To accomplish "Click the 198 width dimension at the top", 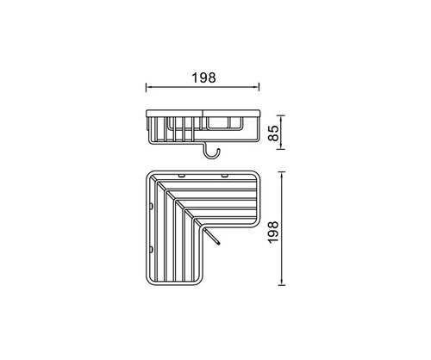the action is click(x=203, y=78).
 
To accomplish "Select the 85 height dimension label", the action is click(x=273, y=133).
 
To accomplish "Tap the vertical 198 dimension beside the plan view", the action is click(x=273, y=232).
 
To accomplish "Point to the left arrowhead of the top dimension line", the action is click(x=148, y=87).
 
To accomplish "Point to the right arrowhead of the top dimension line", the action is click(x=257, y=87).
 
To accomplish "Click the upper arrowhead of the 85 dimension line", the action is click(x=282, y=118).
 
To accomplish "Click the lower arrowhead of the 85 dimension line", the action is click(x=282, y=146).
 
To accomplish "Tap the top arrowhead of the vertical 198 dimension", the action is click(x=282, y=175).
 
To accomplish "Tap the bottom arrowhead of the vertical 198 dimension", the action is click(x=282, y=282).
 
